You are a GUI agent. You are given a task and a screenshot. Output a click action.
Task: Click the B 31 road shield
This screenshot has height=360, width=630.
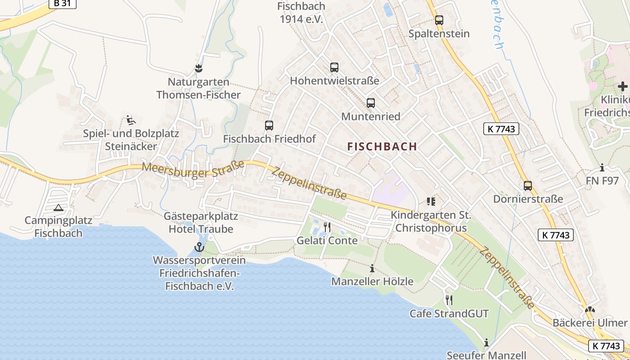[x=62, y=3]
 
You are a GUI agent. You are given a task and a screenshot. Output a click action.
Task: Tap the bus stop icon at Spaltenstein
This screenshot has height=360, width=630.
[x=439, y=20]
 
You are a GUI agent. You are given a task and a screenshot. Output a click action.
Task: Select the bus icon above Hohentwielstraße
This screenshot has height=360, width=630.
[x=334, y=67]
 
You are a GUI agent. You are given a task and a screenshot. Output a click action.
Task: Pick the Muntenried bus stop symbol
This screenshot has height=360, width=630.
[x=370, y=103]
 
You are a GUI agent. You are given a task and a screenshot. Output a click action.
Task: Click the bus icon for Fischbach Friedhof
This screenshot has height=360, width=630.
[x=269, y=126]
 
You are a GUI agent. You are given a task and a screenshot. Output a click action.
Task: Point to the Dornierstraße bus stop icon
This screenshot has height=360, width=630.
[x=528, y=185]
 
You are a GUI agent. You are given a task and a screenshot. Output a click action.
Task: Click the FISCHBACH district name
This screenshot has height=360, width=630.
[x=382, y=146]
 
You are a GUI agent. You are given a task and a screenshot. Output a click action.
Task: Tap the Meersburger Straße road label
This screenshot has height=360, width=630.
[x=193, y=170]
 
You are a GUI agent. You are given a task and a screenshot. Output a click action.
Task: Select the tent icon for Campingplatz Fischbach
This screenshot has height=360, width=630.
[x=58, y=207]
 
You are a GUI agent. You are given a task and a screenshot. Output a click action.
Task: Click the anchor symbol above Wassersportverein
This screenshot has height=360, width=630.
[x=199, y=247]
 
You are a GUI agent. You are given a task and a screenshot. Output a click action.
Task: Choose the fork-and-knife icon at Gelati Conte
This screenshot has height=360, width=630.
[x=327, y=227]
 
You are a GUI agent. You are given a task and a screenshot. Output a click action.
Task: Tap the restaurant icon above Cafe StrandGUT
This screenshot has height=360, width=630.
[x=449, y=300]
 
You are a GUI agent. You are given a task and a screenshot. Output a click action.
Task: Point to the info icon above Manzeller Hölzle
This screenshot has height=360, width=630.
[x=372, y=269]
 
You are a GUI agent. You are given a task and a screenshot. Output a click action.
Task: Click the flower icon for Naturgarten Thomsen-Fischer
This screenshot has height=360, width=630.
[x=198, y=68]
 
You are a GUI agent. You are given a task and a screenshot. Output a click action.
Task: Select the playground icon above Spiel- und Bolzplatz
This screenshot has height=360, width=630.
[x=130, y=120]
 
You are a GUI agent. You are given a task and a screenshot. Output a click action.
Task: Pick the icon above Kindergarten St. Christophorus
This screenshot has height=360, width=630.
[x=431, y=201]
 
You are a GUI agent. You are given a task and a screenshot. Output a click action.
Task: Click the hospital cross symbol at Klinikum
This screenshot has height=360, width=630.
[x=623, y=86]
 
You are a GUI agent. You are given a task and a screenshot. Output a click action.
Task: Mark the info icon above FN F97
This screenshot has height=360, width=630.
[x=602, y=168]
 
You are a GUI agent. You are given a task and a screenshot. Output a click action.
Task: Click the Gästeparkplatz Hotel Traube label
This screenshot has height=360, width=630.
[x=201, y=223]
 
